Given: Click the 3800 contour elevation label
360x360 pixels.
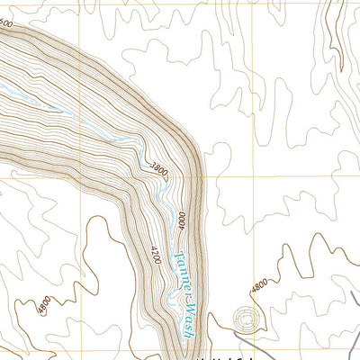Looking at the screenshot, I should pos(159,167).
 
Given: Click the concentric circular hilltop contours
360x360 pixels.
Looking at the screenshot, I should pos(243,319).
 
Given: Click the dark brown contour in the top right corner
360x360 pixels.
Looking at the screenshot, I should pos(335,27).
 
